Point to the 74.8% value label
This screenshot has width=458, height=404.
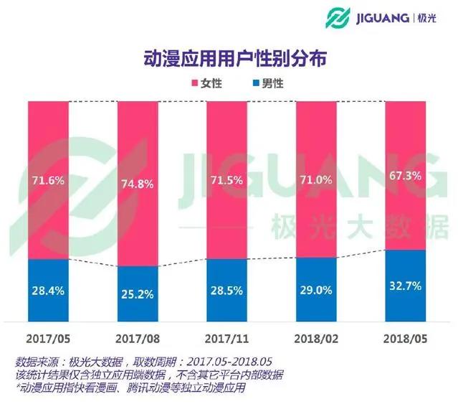(137, 182)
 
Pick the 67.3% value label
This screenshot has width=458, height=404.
(404, 175)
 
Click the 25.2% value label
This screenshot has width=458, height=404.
(137, 293)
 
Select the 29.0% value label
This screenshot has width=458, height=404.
(316, 292)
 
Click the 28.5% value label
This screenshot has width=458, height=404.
(226, 292)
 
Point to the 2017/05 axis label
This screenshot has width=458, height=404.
(48, 337)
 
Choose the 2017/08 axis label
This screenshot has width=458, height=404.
(137, 337)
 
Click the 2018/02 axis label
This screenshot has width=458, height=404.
(316, 337)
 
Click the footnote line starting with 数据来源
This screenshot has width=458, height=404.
(143, 362)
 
